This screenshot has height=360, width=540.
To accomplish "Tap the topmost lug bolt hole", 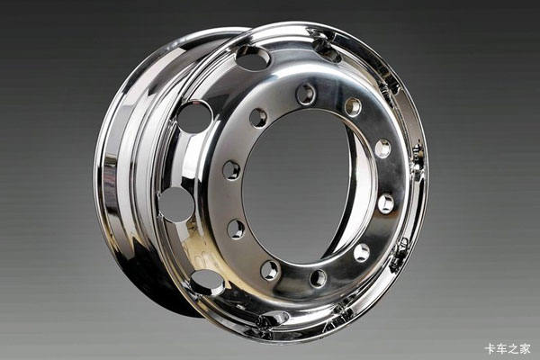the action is (x=306, y=94).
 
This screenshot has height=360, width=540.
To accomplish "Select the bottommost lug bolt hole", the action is (x=319, y=278).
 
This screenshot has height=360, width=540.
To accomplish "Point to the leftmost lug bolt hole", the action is (x=231, y=170).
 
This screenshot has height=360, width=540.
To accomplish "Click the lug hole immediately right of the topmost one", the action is (x=354, y=107).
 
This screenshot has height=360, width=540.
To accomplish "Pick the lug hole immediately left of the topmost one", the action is (x=258, y=118).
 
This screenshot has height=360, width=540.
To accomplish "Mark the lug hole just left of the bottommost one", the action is (x=270, y=270).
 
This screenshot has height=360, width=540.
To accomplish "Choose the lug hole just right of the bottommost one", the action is (x=362, y=253).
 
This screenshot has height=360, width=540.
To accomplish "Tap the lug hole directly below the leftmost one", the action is (x=236, y=229).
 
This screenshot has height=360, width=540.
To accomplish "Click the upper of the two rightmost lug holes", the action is (x=383, y=148).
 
